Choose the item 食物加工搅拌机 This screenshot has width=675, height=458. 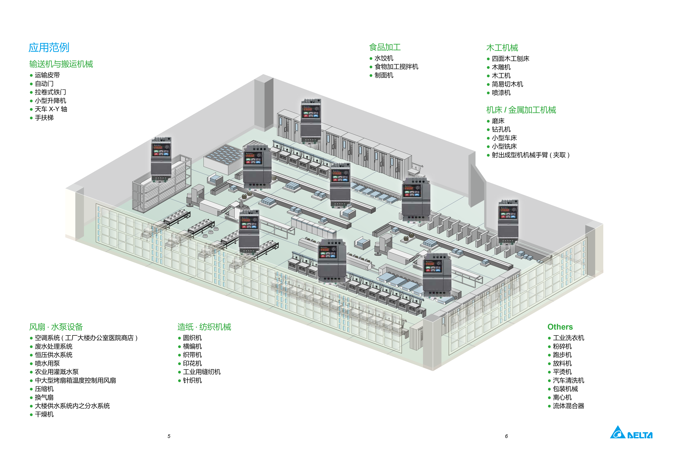pyautogui.click(x=396, y=67)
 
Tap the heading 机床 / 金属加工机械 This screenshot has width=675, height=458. pyautogui.click(x=521, y=110)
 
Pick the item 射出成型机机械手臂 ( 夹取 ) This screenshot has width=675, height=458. pyautogui.click(x=530, y=155)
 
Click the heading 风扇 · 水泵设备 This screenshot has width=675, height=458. pyautogui.click(x=56, y=327)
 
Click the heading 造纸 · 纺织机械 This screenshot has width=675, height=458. pyautogui.click(x=204, y=327)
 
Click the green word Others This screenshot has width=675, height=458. pyautogui.click(x=560, y=327)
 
